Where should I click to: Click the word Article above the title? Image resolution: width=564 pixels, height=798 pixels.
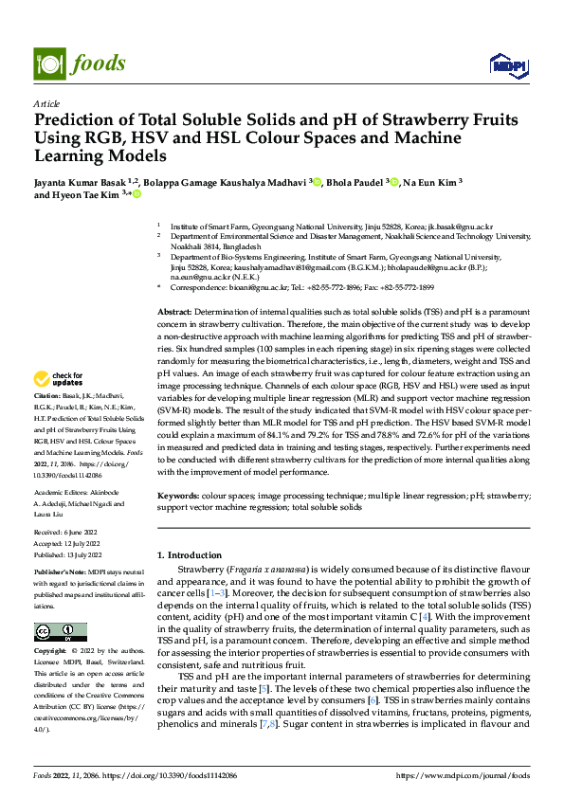(46, 103)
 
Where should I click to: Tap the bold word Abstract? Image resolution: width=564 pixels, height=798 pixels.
(174, 312)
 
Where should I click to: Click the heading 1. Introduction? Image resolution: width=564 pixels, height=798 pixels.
(192, 554)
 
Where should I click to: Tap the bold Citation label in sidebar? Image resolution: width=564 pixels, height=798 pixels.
(47, 421)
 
